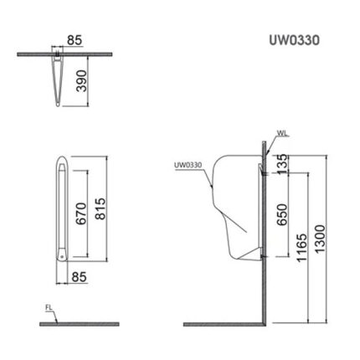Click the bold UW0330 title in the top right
tap(295, 40)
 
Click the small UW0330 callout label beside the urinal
tap(188, 165)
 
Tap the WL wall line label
tap(283, 133)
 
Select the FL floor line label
tap(49, 308)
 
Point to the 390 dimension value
tap(82, 81)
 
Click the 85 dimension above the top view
tap(75, 40)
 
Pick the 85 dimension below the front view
tap(80, 277)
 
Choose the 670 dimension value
tap(81, 213)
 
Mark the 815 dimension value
tap(100, 208)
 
